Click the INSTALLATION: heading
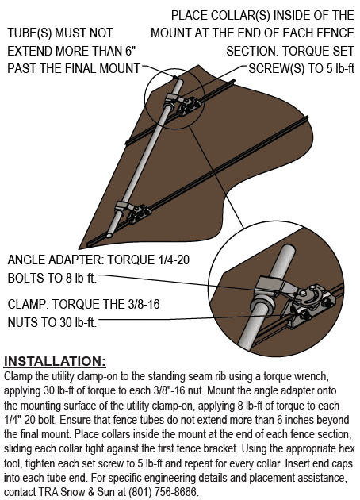point(55,361)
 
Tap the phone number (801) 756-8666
point(163,491)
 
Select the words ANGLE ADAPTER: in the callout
point(56,260)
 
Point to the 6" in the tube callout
point(131,51)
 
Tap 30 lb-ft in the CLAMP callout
point(77,322)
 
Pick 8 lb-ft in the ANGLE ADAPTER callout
point(81,278)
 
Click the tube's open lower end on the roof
point(109,236)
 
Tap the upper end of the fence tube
point(179,80)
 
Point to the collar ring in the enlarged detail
point(262,306)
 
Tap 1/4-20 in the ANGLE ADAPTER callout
point(174,260)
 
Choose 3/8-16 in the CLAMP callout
point(144,304)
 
